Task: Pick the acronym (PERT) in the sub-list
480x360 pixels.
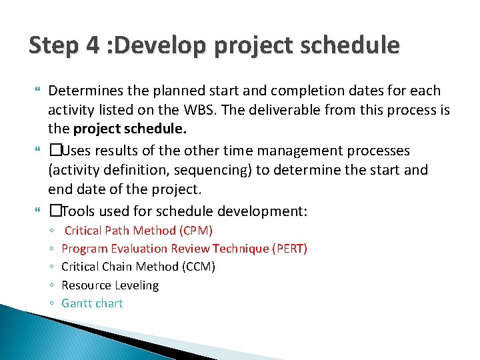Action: pos(289,249)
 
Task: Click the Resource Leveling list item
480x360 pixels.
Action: pos(110,285)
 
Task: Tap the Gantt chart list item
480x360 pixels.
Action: pos(92,303)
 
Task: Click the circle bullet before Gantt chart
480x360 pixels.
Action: pos(51,304)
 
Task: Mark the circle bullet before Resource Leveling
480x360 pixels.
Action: pos(51,286)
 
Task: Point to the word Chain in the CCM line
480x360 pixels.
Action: pos(118,267)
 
